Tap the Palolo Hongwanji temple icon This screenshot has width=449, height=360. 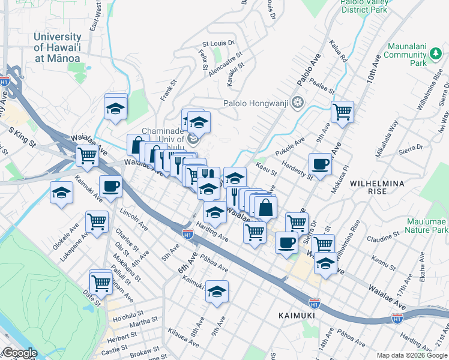click(x=297, y=103)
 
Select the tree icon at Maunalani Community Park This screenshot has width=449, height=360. click(x=435, y=56)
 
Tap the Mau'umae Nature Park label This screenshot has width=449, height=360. click(x=426, y=224)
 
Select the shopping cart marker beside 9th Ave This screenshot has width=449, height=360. click(x=342, y=111)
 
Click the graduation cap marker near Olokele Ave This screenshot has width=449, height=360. click(x=61, y=194)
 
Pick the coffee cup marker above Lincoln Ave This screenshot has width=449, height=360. click(x=110, y=186)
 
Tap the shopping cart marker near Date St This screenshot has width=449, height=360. click(x=100, y=281)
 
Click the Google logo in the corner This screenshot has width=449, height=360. click(x=20, y=353)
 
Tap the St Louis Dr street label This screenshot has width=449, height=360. click(x=218, y=43)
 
